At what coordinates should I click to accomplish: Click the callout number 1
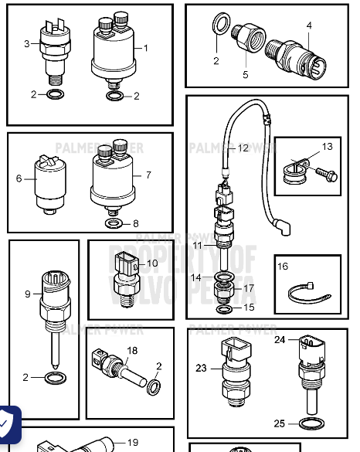145,48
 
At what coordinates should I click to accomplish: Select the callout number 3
26,44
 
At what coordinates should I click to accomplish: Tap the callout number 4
309,25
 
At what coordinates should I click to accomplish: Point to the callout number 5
246,75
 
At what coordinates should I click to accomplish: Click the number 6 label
19,178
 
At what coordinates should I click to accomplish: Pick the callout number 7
148,175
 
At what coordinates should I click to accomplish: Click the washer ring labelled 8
114,224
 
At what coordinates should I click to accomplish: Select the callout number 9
28,294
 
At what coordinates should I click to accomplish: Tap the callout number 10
152,263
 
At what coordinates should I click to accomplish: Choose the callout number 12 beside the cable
243,148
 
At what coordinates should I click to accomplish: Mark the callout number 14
196,277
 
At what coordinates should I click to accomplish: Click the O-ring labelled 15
222,309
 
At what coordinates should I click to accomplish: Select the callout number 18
132,351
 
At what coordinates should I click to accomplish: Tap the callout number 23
202,368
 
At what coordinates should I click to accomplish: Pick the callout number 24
280,339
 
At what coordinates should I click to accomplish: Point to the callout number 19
132,443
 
